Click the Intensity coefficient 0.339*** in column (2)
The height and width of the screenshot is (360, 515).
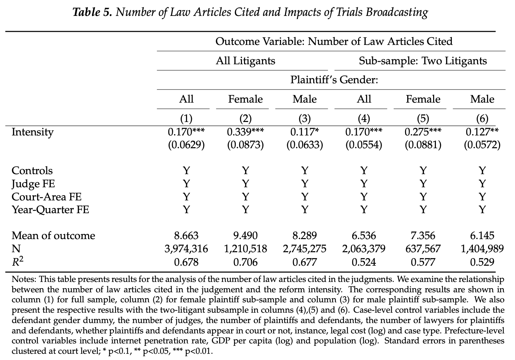[245, 132]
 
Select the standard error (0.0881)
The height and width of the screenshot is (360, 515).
[423, 145]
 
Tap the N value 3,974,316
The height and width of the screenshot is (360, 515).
[186, 249]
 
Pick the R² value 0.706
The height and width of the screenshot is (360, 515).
[245, 262]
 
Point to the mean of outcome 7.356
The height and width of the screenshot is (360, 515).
[423, 236]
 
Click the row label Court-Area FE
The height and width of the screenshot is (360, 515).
[46, 197]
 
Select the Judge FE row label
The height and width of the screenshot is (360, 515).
[33, 184]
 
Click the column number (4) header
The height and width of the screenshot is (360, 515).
[364, 119]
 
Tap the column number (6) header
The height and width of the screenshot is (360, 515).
[482, 119]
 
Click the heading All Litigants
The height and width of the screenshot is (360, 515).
[245, 61]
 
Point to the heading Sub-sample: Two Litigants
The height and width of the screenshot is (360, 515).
[423, 61]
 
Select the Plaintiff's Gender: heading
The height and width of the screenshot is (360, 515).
[334, 80]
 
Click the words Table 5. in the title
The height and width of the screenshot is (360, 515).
[92, 12]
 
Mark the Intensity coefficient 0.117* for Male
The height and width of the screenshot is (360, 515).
[305, 132]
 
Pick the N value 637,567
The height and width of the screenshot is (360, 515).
[423, 249]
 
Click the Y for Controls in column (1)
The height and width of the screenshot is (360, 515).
[186, 171]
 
